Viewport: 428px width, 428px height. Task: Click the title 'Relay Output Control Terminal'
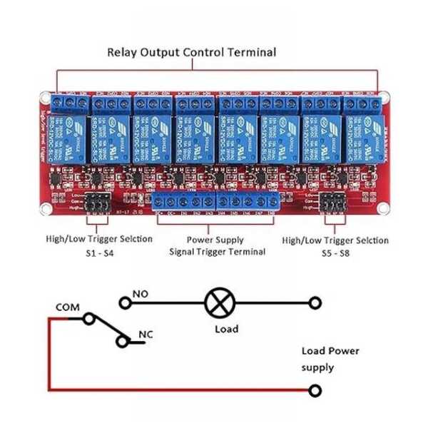(x=191, y=52)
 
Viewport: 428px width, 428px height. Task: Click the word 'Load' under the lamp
(x=226, y=329)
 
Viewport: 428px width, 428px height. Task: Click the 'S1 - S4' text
(x=98, y=254)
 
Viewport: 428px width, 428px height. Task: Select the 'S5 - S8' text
(x=335, y=254)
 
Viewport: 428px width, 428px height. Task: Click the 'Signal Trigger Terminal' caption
(x=218, y=251)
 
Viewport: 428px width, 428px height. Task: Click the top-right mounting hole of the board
(x=385, y=95)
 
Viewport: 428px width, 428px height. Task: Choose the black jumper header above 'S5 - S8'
(x=332, y=201)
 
